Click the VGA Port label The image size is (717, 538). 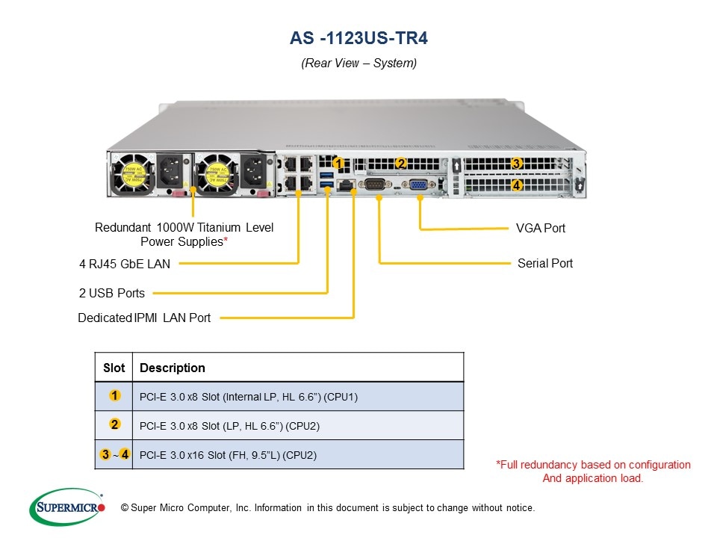541,228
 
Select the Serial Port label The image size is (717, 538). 544,264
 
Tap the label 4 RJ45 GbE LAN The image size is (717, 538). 125,264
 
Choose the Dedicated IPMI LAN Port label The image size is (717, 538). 144,318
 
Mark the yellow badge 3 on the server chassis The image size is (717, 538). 516,164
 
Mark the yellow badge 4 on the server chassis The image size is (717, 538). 516,185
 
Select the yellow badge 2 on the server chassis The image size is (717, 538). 400,164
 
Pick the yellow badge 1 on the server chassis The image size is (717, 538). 338,163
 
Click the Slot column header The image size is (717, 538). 114,368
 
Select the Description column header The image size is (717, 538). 172,368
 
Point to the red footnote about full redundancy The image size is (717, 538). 593,471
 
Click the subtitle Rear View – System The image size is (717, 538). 358,64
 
